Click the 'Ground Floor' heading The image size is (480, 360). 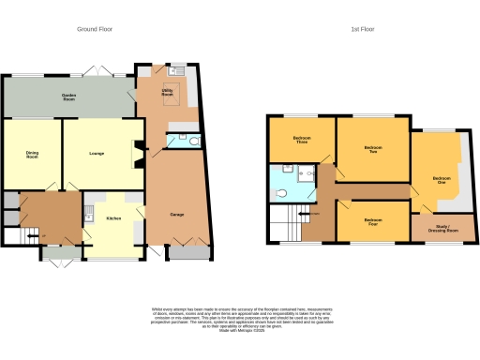tap(94, 29)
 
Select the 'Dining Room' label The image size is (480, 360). tap(32, 155)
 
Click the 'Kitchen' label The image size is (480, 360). tap(112, 217)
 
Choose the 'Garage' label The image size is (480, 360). tap(175, 214)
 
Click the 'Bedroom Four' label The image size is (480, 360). tap(373, 223)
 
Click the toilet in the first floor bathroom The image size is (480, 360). tap(283, 192)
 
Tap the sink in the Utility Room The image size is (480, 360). tap(175, 70)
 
